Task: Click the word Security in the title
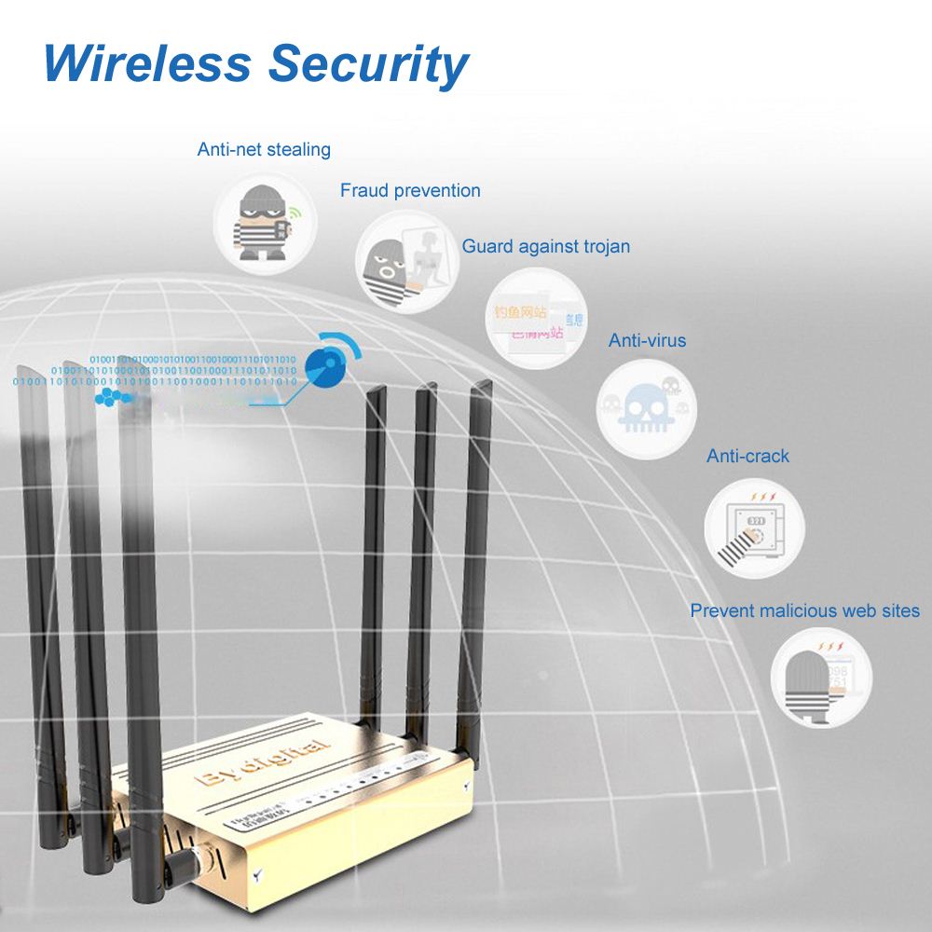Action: click(369, 65)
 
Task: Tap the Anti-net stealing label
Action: click(264, 149)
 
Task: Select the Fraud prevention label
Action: click(410, 191)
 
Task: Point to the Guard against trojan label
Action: click(546, 247)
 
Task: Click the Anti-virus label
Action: click(647, 340)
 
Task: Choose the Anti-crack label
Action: click(747, 456)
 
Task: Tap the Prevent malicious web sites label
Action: click(804, 611)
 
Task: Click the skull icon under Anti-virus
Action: click(646, 408)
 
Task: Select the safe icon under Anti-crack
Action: click(754, 530)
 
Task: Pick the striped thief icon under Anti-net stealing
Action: click(265, 223)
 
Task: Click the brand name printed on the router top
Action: click(263, 760)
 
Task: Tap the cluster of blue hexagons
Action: click(113, 398)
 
